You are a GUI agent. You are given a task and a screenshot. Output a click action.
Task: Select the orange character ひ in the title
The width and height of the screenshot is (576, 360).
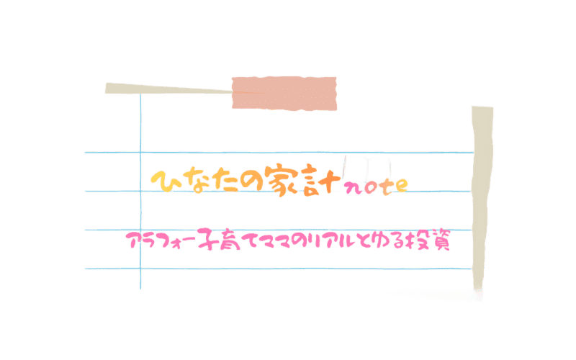[164, 181]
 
